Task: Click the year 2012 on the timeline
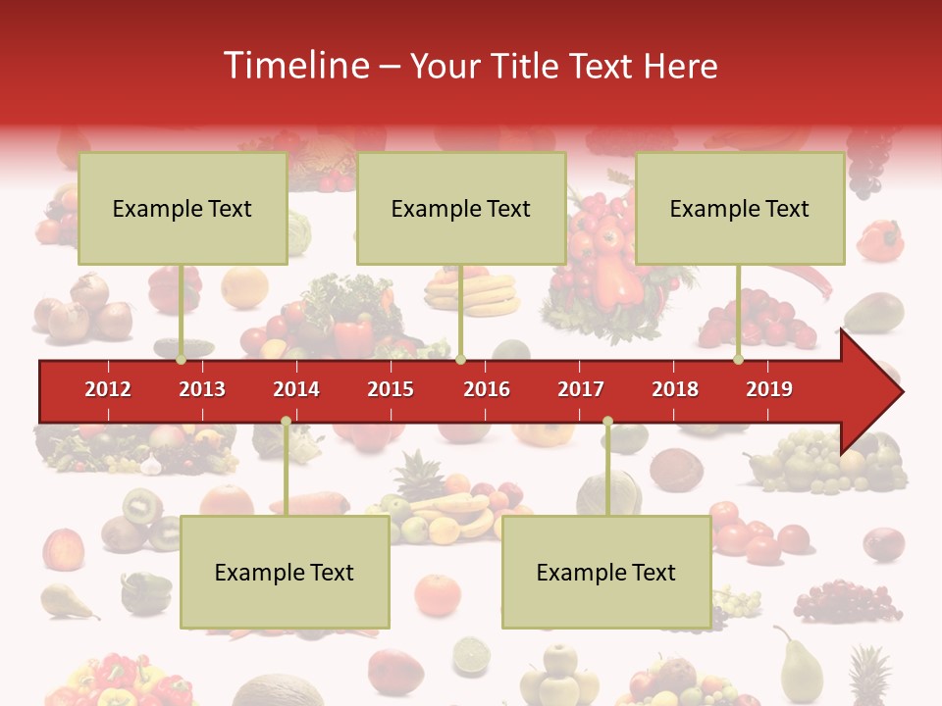pos(108,389)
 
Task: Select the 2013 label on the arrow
pos(202,389)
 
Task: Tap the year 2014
pos(296,389)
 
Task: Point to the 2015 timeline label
pos(391,389)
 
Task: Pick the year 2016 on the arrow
pos(487,389)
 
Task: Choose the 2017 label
pos(581,389)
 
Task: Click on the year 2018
pos(675,389)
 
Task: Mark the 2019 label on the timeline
pos(769,389)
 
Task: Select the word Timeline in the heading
pos(294,66)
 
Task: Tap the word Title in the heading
pos(524,66)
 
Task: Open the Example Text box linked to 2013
pos(183,208)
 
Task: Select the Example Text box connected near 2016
pos(461,208)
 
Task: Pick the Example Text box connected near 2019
pos(740,208)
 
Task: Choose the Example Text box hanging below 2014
pos(285,572)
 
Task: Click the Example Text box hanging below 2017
pos(606,572)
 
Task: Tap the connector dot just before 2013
pos(182,359)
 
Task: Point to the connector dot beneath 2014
pos(286,422)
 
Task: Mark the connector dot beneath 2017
pos(607,422)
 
